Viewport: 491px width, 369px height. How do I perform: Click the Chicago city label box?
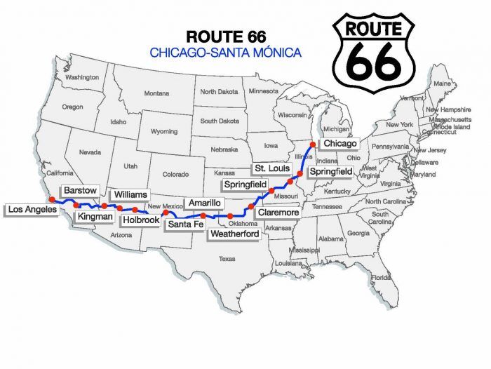coord(339,143)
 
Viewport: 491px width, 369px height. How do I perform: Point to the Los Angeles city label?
coord(32,209)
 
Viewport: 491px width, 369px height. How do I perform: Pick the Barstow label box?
coord(79,191)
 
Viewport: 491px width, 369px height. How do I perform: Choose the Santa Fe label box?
coord(185,224)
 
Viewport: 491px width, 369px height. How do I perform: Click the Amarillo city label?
coord(206,203)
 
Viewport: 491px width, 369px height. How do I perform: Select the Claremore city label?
coord(278,212)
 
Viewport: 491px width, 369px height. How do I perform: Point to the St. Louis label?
coord(269,169)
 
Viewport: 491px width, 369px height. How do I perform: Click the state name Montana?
coord(156,93)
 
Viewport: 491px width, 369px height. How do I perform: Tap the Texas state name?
coord(227,259)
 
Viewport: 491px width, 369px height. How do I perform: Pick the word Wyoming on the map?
coord(164,131)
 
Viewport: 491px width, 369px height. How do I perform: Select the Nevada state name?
coord(90,152)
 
